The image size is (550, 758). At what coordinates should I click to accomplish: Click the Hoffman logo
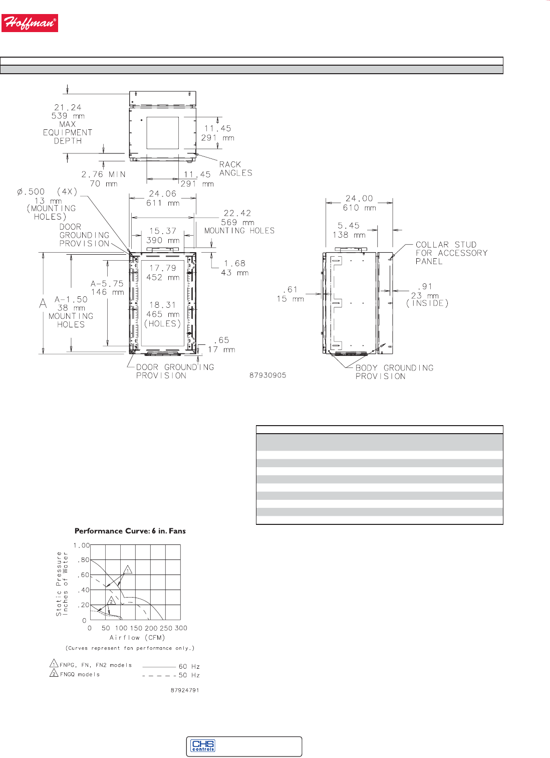point(30,23)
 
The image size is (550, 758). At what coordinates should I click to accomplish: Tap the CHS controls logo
point(203,745)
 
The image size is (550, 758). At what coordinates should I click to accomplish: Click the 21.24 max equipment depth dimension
point(68,124)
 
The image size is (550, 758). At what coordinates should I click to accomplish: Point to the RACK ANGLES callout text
point(235,168)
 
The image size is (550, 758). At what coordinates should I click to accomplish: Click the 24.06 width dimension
point(163,198)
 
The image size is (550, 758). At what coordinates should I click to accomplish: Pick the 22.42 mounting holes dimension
point(239,222)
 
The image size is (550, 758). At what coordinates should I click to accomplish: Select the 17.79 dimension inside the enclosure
point(163,272)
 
